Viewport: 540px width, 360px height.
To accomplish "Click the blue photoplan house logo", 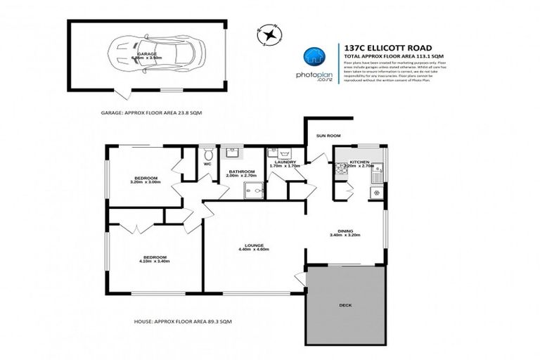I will (x=314, y=57).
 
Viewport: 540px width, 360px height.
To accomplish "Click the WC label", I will (x=207, y=165).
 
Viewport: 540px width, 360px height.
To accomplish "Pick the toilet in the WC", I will (x=208, y=153).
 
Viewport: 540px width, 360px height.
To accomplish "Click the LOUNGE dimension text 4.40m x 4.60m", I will (x=254, y=250).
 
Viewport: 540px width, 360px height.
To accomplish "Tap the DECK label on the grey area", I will (x=346, y=305).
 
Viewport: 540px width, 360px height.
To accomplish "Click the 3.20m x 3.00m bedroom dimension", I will (x=145, y=182).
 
